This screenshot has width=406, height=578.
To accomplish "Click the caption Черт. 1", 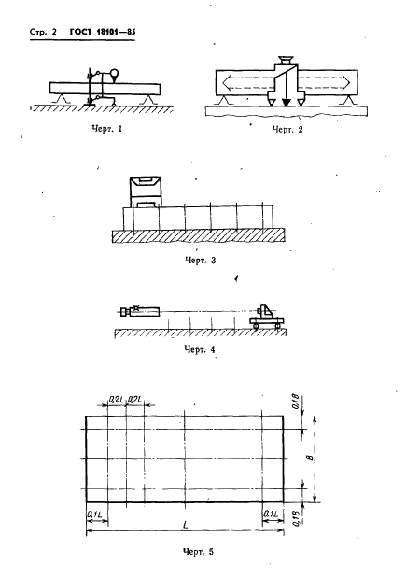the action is click(x=106, y=129).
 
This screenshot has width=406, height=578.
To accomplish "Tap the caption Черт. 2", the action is click(x=287, y=130).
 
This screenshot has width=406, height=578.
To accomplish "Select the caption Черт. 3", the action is click(x=200, y=261).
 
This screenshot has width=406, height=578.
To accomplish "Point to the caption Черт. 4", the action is click(x=200, y=349).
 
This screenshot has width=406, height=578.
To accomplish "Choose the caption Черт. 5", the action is click(x=198, y=552).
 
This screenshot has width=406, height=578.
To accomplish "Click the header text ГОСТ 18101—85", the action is click(x=103, y=32).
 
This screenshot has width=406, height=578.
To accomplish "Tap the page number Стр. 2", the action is click(x=43, y=32).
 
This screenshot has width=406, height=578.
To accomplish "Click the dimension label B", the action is click(x=310, y=458).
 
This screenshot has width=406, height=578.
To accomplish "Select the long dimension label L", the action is click(x=186, y=525).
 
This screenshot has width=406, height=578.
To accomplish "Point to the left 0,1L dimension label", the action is click(x=95, y=514).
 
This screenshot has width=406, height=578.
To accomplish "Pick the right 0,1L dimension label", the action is click(x=271, y=514).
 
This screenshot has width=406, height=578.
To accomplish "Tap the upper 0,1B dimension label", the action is click(x=296, y=402).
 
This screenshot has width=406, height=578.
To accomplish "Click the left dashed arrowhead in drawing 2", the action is click(x=227, y=82).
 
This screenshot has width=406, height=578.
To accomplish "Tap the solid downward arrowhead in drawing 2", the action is click(x=286, y=103).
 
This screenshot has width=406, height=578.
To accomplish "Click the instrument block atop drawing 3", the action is click(x=146, y=191).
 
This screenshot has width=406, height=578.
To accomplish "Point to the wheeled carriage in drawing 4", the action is click(x=266, y=317).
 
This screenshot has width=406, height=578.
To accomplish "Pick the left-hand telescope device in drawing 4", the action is click(x=140, y=312).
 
